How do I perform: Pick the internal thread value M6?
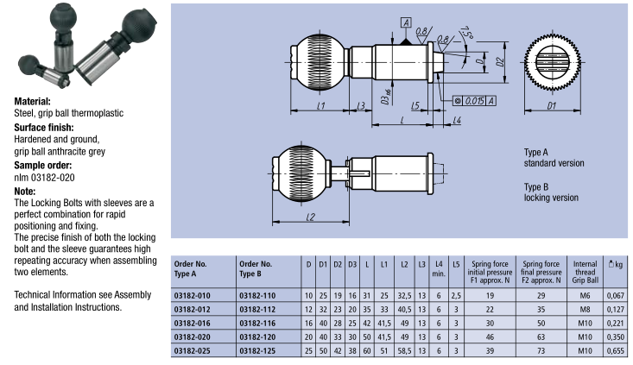click(x=585, y=294)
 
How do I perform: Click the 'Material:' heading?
click(x=32, y=101)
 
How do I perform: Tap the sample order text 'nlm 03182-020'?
click(x=43, y=177)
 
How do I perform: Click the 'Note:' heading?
click(x=25, y=191)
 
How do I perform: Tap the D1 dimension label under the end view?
click(x=551, y=108)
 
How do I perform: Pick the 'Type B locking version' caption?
click(x=551, y=192)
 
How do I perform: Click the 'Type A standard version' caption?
click(x=554, y=157)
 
